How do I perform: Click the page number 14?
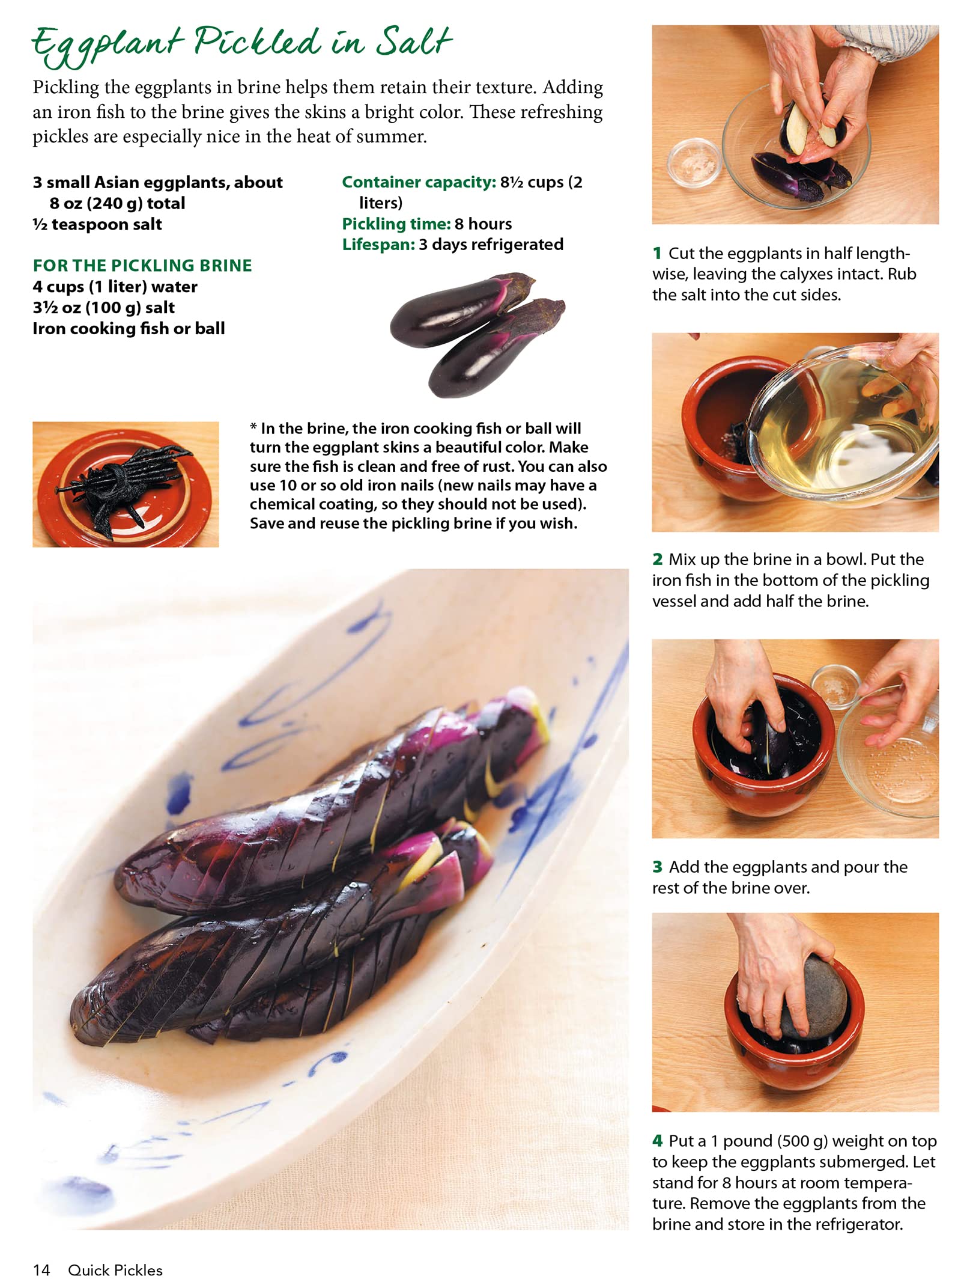click(41, 1269)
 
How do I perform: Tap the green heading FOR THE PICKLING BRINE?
click(142, 265)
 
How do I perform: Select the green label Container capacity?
click(419, 182)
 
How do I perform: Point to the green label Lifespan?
click(378, 245)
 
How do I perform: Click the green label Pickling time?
click(396, 224)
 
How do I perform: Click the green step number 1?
click(657, 253)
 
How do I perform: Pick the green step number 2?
click(658, 559)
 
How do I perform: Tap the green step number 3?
click(658, 867)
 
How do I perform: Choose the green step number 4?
click(658, 1141)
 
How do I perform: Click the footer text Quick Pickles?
click(115, 1269)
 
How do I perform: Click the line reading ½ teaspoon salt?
click(97, 224)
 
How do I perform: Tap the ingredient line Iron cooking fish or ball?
click(129, 328)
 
